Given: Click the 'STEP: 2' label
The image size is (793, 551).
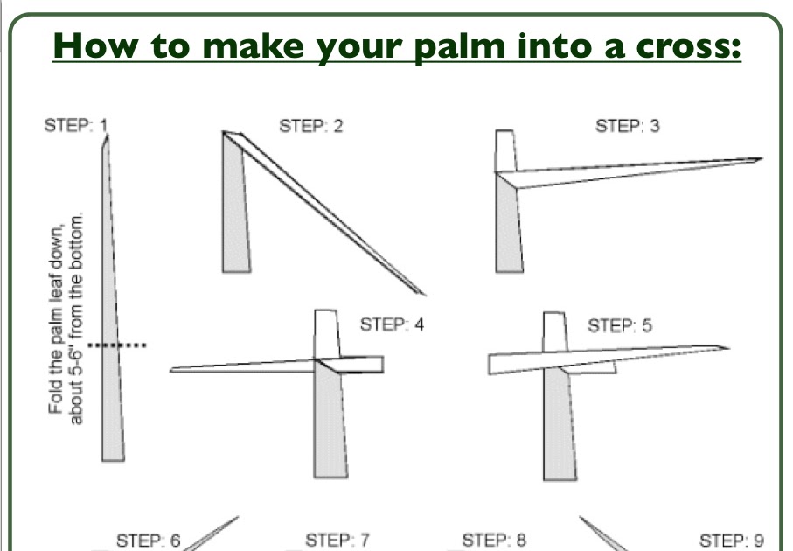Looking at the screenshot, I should pyautogui.click(x=310, y=126).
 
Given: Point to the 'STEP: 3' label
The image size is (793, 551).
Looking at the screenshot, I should pyautogui.click(x=627, y=126).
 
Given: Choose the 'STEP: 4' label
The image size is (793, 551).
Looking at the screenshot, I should pyautogui.click(x=392, y=324).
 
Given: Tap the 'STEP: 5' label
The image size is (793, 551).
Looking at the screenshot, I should pyautogui.click(x=619, y=326).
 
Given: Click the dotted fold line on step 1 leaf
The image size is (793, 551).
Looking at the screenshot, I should pyautogui.click(x=116, y=345).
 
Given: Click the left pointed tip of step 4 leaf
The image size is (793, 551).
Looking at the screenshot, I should pyautogui.click(x=173, y=370).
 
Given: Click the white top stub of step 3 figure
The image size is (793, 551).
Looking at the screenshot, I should pyautogui.click(x=504, y=150).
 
